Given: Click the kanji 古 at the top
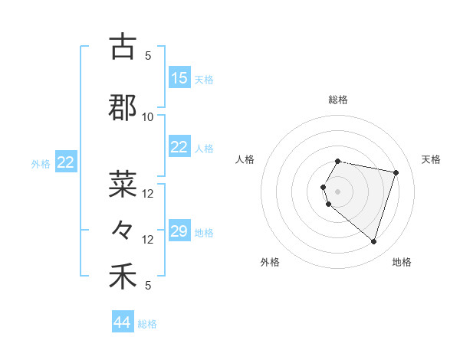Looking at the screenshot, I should (x=123, y=47).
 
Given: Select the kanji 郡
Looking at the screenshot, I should (x=123, y=108).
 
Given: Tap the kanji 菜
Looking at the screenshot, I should (x=123, y=185).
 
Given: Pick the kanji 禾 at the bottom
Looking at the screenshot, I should (x=123, y=277).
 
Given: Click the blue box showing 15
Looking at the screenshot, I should (x=179, y=78).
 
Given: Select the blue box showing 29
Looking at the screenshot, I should (x=179, y=231).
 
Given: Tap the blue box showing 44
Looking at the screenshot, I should (x=123, y=322).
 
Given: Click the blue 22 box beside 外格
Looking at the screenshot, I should (x=66, y=162).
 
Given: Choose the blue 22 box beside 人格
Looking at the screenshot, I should (x=179, y=147).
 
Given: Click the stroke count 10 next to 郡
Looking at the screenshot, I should (x=148, y=116).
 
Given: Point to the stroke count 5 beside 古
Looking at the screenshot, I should (x=148, y=55).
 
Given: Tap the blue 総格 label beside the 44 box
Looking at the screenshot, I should (x=147, y=324).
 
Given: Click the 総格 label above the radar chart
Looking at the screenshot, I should (x=338, y=100).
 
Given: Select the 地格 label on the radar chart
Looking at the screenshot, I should (x=402, y=262).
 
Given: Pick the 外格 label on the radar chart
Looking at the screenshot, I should (x=270, y=262).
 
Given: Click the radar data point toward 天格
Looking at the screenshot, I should (x=396, y=172).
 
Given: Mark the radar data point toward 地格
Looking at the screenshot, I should (x=373, y=242).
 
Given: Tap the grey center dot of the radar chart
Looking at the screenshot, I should (x=338, y=190).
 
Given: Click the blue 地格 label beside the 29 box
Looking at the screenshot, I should (x=204, y=232).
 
